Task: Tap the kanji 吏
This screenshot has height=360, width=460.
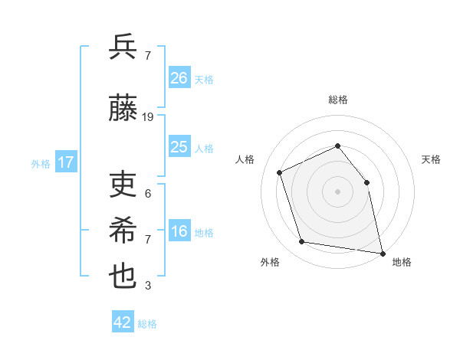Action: [123, 184]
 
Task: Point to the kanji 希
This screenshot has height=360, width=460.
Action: [123, 230]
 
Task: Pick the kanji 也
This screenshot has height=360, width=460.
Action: [123, 276]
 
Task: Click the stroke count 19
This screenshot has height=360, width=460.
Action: [148, 117]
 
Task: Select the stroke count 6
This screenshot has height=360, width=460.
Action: [148, 194]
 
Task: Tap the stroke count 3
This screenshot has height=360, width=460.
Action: [148, 286]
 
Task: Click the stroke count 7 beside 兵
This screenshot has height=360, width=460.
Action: [148, 56]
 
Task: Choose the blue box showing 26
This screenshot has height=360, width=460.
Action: [179, 78]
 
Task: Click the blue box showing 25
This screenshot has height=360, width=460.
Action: [179, 147]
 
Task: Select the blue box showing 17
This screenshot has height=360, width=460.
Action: [66, 162]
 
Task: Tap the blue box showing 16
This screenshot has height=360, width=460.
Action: [179, 232]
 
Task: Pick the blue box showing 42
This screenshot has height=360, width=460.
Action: [123, 322]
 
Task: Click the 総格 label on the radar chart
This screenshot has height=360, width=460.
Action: [338, 100]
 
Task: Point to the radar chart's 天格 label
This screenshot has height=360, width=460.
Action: [432, 159]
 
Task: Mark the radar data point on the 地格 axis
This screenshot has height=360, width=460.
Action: [382, 252]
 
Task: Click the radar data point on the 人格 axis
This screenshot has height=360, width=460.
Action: [280, 172]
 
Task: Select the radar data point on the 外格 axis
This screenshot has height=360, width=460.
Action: [302, 242]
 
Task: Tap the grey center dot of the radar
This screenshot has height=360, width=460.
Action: [338, 191]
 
